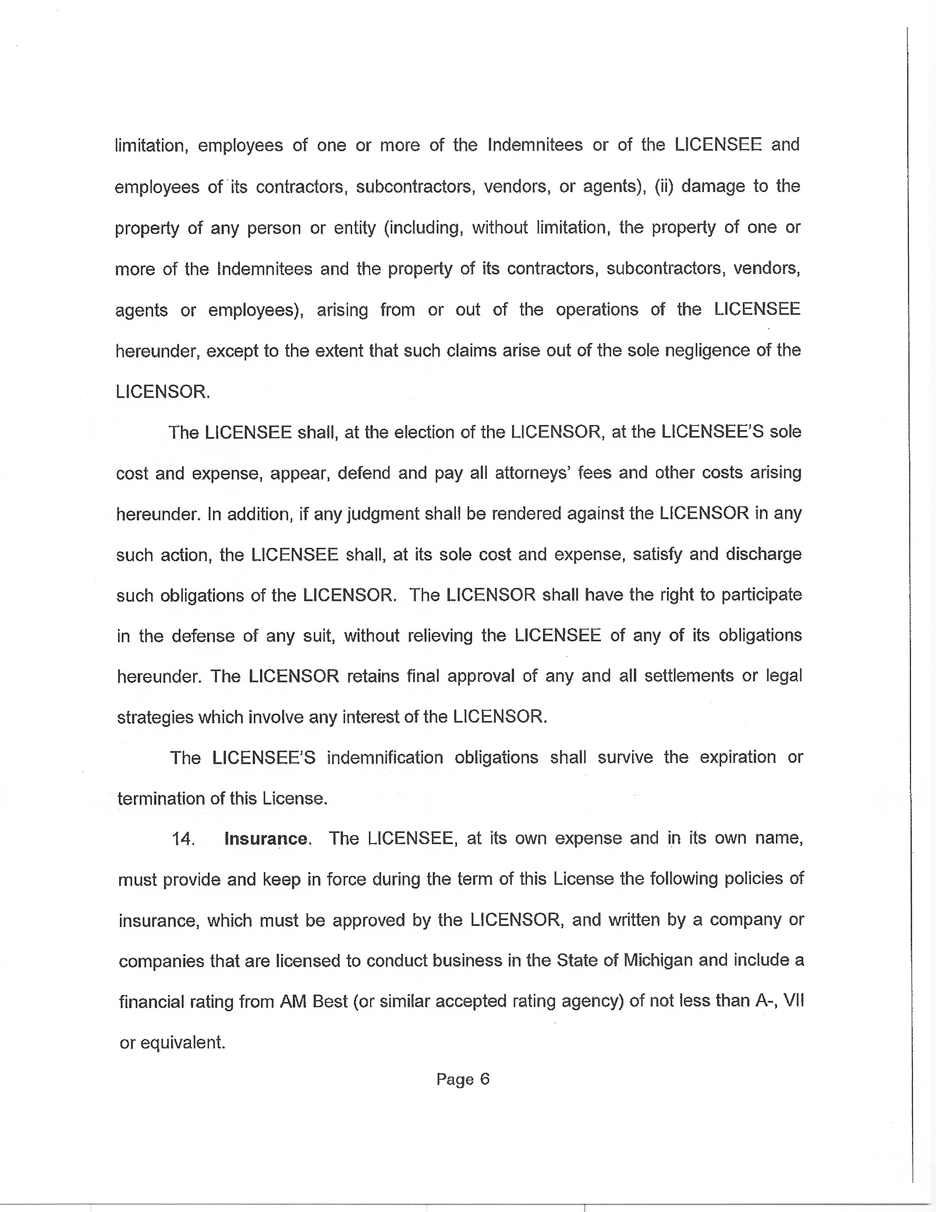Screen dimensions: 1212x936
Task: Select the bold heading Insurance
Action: tap(266, 838)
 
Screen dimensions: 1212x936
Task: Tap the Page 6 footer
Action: tap(462, 1079)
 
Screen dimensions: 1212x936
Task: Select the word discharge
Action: tap(763, 555)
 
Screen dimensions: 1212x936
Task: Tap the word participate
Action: tap(761, 595)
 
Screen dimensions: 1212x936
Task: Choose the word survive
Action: tap(625, 757)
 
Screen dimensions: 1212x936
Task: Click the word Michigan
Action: tap(658, 960)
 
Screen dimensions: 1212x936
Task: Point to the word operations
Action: tap(597, 310)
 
